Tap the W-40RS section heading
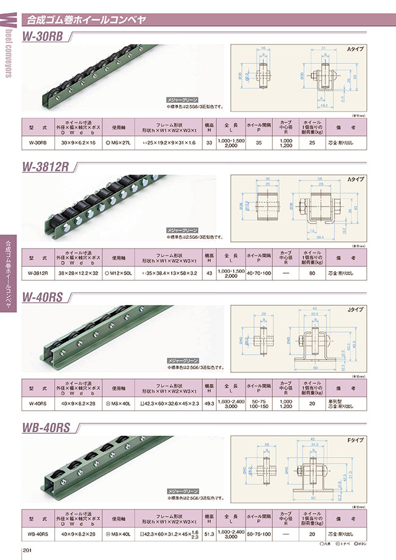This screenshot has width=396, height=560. [x=44, y=297]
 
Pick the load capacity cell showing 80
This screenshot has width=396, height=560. [x=312, y=273]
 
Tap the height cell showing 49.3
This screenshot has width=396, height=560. [x=209, y=403]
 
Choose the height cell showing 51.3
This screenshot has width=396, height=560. [x=209, y=534]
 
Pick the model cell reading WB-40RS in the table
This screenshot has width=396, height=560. [x=38, y=534]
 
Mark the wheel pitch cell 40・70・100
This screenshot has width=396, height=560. [x=258, y=273]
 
